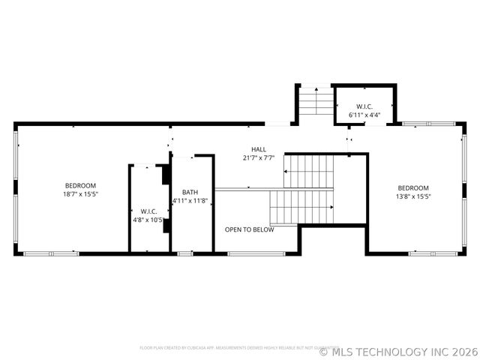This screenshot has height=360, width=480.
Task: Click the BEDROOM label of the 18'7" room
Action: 80,185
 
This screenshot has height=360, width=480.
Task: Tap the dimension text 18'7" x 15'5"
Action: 80,194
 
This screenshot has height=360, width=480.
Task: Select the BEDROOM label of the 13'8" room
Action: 412,188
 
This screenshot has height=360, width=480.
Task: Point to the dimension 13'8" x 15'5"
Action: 412,197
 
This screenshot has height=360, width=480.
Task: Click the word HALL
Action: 259,149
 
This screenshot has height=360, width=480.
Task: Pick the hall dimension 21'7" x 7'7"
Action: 259,158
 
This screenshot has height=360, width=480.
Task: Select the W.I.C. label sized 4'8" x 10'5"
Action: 147,211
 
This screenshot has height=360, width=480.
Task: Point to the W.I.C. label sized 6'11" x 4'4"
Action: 364,106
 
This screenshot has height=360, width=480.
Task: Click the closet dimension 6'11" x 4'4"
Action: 364,115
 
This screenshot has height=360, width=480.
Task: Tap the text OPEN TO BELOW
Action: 249,229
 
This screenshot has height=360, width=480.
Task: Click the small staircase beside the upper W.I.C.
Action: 315,101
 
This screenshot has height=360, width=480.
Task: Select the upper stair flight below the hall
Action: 309,171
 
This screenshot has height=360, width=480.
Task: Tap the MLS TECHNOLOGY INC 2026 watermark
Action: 398,351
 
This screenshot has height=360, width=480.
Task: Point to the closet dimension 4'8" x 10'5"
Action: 147,220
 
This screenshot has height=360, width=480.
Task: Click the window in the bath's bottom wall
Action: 184,253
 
